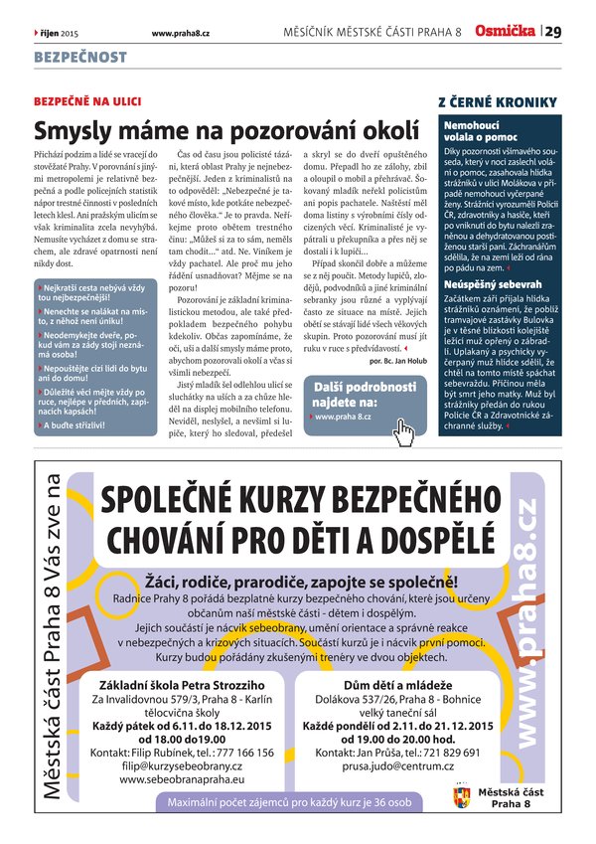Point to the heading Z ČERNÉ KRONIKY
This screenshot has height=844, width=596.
(x=497, y=102)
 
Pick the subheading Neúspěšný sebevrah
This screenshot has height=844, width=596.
(x=487, y=284)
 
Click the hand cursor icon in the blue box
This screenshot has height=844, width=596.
(x=403, y=428)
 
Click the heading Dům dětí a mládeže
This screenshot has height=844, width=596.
(x=395, y=686)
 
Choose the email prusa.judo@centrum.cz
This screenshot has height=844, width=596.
(x=395, y=767)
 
